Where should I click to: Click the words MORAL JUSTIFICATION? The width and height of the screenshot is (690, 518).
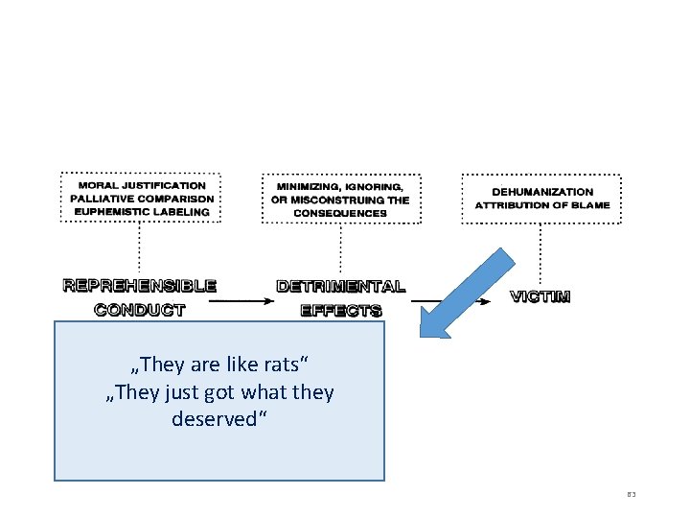[x=141, y=185]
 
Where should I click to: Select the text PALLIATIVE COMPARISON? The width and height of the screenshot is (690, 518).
[x=141, y=199]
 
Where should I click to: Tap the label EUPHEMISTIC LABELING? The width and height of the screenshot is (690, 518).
[x=141, y=212]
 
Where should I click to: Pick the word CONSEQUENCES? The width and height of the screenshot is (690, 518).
[x=340, y=213]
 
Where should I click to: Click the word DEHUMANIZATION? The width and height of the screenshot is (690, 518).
[x=541, y=192]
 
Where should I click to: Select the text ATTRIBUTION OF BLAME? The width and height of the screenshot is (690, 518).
[x=541, y=205]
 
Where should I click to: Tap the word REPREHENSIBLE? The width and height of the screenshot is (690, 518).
[x=140, y=286]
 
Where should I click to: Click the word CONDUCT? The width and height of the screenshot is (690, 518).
[x=140, y=309]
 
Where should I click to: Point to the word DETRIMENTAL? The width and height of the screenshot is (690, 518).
[x=340, y=286]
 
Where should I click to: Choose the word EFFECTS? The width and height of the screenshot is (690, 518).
[x=340, y=310]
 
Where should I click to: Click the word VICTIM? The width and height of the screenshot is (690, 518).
[x=540, y=296]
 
